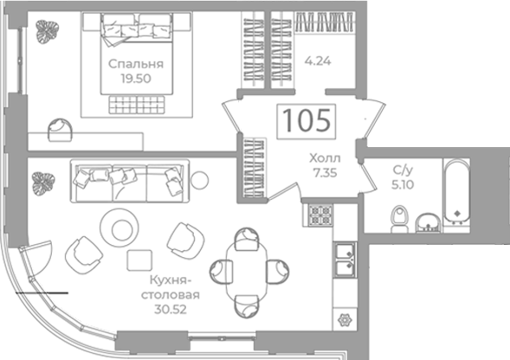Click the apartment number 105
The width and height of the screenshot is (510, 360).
(307, 120)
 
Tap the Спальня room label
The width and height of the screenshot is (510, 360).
(136, 64)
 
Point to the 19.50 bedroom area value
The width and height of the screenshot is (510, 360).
(136, 79)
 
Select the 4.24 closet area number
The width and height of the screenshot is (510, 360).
(318, 61)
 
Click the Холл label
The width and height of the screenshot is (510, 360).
(325, 158)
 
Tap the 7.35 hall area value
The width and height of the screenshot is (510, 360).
(325, 173)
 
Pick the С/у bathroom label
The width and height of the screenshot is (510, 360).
(403, 170)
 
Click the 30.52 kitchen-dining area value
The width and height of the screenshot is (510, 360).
(171, 309)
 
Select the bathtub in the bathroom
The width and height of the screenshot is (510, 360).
(457, 192)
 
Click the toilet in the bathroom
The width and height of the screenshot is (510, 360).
(400, 219)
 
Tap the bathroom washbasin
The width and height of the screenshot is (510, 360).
(429, 223)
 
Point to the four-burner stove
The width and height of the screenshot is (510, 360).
(320, 215)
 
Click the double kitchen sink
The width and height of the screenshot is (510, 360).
(345, 260)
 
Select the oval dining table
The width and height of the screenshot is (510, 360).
(247, 273)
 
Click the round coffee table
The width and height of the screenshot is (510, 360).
(119, 228)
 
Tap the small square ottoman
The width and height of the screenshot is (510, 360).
(139, 260)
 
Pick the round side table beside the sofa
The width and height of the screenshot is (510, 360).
(199, 180)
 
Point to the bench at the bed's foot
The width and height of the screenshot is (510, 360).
(136, 105)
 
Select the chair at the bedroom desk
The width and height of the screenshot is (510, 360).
(60, 130)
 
